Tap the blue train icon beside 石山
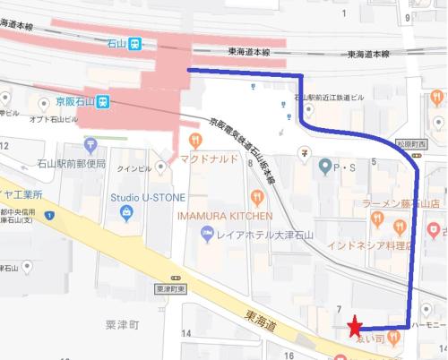(x=135, y=42)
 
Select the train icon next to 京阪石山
(x=104, y=101)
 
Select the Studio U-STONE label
(x=145, y=196)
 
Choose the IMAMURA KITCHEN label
(x=223, y=216)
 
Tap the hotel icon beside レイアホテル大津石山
(x=206, y=234)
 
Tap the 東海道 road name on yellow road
(x=259, y=317)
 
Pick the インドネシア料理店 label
(x=367, y=244)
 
